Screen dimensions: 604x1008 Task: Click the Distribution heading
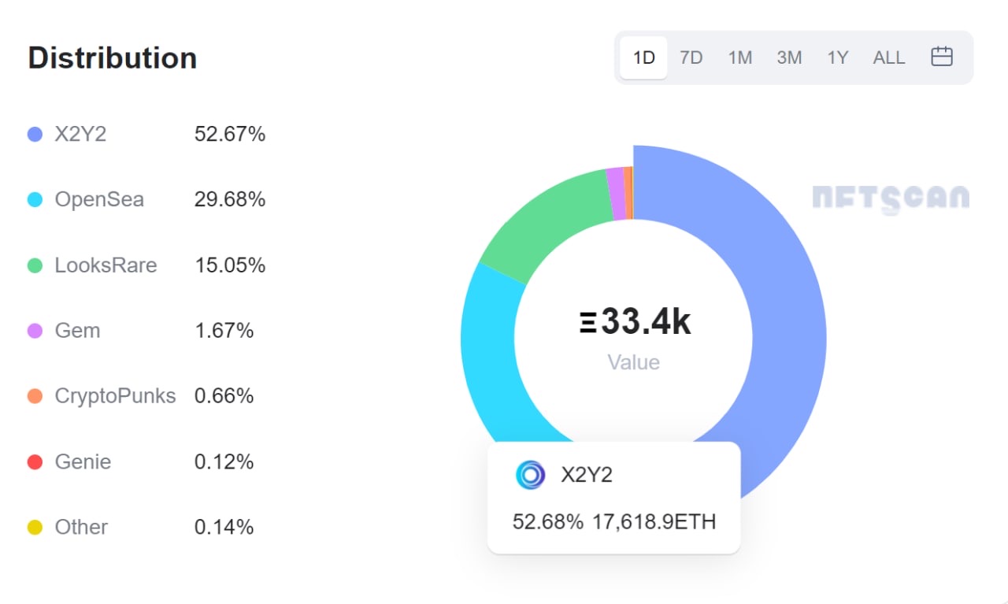112,58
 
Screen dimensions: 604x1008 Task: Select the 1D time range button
643,57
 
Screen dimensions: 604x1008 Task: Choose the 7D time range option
691,57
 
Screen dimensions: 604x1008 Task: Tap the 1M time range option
739,57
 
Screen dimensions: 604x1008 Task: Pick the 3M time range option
789,57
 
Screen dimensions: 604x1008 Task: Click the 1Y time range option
837,57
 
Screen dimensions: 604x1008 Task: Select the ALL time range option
889,57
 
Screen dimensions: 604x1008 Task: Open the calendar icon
942,57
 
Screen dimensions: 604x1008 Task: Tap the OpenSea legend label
99,200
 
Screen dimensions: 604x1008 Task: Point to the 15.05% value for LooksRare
230,265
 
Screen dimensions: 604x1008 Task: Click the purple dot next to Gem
35,331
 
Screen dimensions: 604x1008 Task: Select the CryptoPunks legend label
115,395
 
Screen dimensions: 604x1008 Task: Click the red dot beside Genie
35,461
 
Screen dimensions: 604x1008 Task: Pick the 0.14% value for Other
224,527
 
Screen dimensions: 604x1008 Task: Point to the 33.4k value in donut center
646,323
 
